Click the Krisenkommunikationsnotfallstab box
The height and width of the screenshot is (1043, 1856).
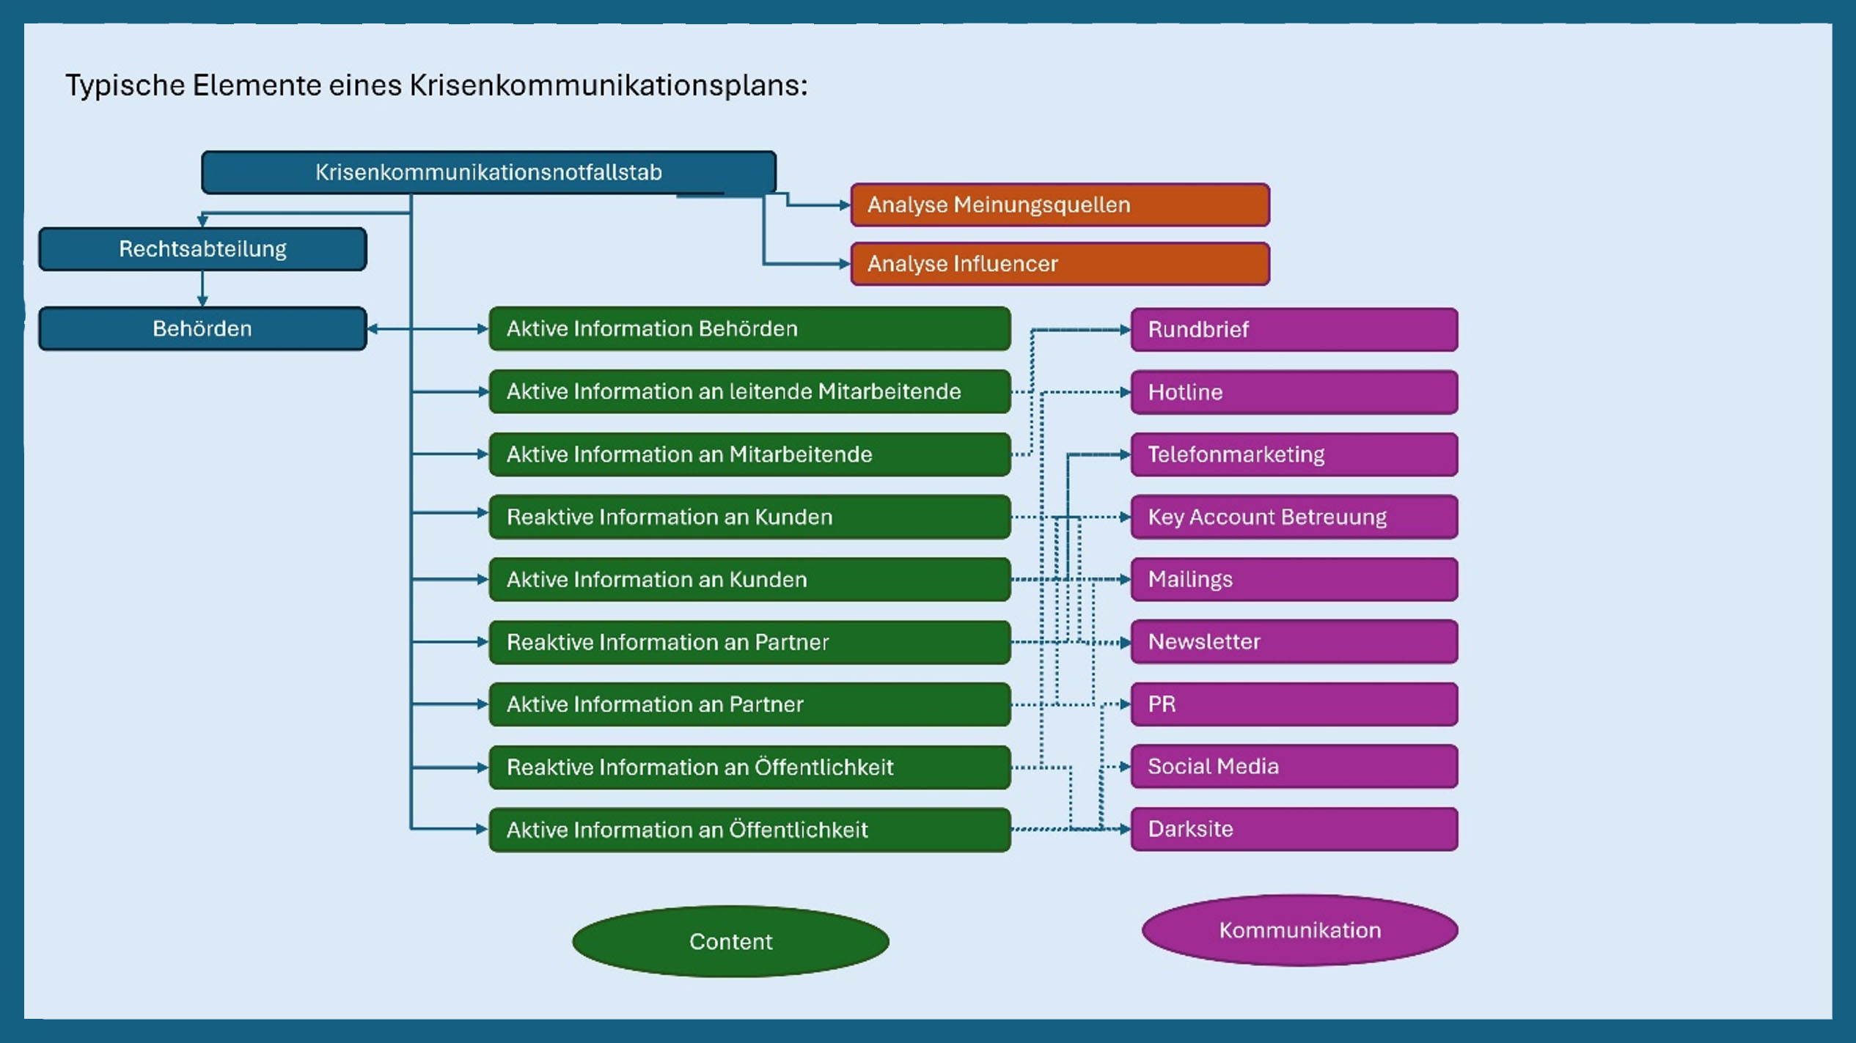pos(488,172)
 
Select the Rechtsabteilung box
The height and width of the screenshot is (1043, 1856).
pos(202,249)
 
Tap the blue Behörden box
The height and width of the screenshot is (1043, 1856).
pos(202,328)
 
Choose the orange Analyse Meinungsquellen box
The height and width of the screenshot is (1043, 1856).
pos(1060,204)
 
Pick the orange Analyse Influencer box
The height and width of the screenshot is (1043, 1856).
pos(1060,264)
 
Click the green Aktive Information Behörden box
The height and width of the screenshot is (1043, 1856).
pos(749,328)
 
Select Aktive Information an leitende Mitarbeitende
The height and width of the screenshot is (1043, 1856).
pos(749,391)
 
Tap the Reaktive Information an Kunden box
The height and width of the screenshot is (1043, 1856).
pos(749,517)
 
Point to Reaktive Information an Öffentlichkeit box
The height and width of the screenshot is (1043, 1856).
pos(749,767)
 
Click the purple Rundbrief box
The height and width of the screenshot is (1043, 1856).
pos(1294,330)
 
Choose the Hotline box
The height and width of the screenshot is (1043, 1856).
pos(1294,392)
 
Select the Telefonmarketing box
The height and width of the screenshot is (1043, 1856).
pos(1294,454)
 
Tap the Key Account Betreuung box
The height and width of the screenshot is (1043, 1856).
pos(1294,517)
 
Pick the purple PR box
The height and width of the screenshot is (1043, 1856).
pos(1294,704)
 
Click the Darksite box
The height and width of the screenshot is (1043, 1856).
pos(1294,829)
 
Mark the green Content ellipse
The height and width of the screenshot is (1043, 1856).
pos(730,941)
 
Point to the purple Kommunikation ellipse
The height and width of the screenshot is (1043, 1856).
pos(1299,930)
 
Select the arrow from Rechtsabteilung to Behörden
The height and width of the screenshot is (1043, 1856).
pos(202,289)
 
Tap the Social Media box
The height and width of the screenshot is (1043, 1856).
pos(1294,767)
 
